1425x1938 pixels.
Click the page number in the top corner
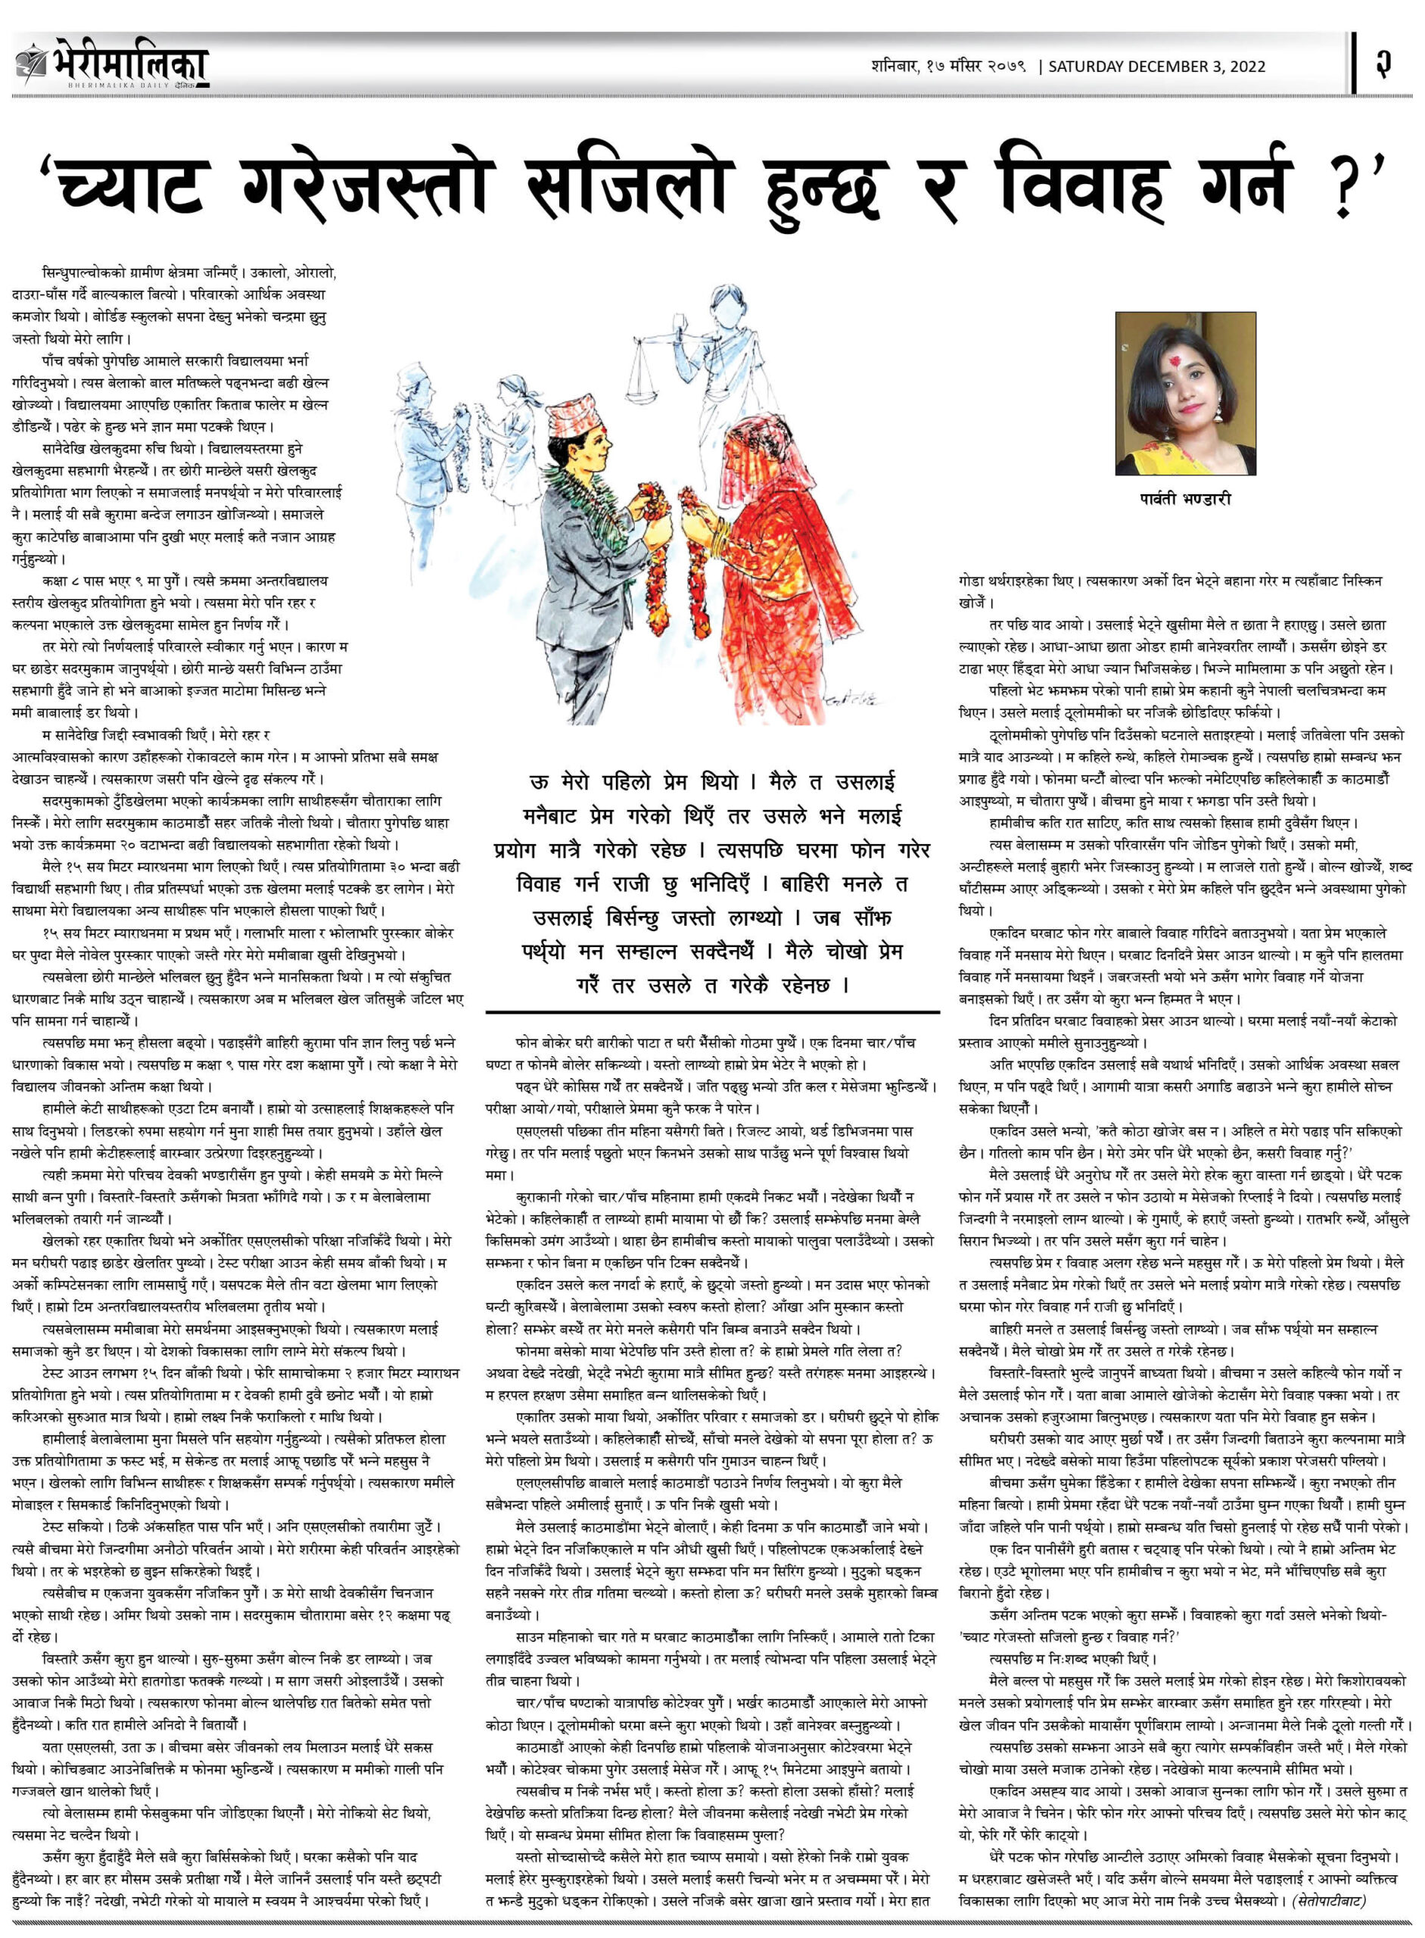click(1383, 64)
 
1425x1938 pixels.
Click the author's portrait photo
click(1185, 393)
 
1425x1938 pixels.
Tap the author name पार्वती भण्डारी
click(1183, 499)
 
